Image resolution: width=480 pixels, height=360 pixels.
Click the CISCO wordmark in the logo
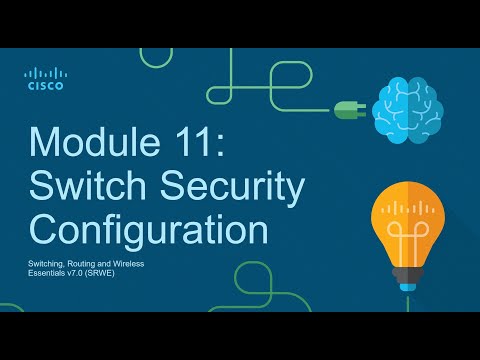coord(45,86)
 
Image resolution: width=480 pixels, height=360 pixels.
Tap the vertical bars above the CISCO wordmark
coord(45,73)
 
